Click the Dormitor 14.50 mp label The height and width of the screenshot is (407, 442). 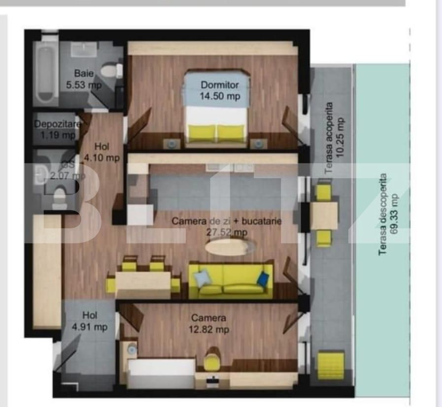pos(220,91)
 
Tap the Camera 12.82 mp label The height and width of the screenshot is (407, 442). pos(209,324)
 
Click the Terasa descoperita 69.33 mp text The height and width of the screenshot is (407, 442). pos(388,215)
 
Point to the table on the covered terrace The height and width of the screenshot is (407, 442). pos(324,215)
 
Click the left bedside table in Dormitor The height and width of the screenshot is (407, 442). pos(171,144)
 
